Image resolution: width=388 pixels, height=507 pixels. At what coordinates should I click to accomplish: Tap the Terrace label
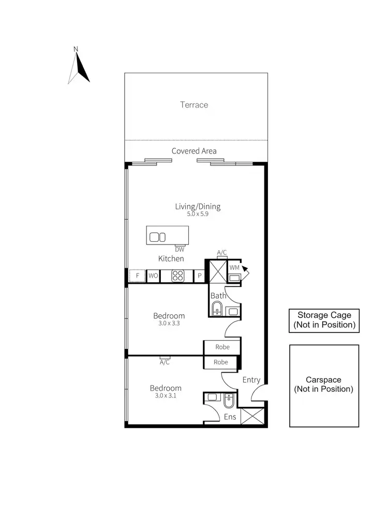pyautogui.click(x=194, y=105)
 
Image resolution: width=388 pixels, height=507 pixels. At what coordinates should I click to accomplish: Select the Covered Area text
pyautogui.click(x=194, y=151)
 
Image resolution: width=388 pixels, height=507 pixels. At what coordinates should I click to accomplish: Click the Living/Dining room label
pyautogui.click(x=197, y=206)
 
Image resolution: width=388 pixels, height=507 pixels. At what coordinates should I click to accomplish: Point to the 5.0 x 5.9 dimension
pyautogui.click(x=197, y=213)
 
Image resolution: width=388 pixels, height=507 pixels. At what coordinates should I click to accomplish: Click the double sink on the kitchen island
pyautogui.click(x=157, y=237)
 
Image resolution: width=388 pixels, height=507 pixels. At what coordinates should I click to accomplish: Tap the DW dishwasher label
pyautogui.click(x=180, y=249)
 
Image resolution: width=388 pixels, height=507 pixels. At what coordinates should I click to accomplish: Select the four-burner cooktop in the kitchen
pyautogui.click(x=178, y=276)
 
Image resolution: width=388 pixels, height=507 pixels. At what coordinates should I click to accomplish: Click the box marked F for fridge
pyautogui.click(x=138, y=276)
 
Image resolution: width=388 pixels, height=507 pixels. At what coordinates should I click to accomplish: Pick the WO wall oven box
pyautogui.click(x=153, y=276)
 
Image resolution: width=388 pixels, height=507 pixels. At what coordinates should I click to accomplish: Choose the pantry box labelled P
pyautogui.click(x=200, y=276)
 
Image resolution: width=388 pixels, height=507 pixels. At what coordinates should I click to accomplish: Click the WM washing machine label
pyautogui.click(x=234, y=268)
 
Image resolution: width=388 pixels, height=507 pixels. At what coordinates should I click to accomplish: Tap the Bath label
pyautogui.click(x=218, y=296)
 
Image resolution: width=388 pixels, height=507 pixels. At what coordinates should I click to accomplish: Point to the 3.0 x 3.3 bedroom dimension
pyautogui.click(x=169, y=324)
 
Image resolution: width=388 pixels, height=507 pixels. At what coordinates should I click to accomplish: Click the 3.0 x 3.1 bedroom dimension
pyautogui.click(x=166, y=396)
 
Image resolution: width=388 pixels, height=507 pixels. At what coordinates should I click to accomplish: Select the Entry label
pyautogui.click(x=251, y=380)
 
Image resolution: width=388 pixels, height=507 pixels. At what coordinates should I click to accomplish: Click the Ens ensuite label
pyautogui.click(x=229, y=417)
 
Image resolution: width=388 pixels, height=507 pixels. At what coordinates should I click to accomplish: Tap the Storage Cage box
pyautogui.click(x=324, y=320)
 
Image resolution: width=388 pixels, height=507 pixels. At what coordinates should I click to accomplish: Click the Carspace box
pyautogui.click(x=324, y=386)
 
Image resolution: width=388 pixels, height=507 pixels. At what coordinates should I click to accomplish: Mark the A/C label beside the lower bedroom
pyautogui.click(x=165, y=362)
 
